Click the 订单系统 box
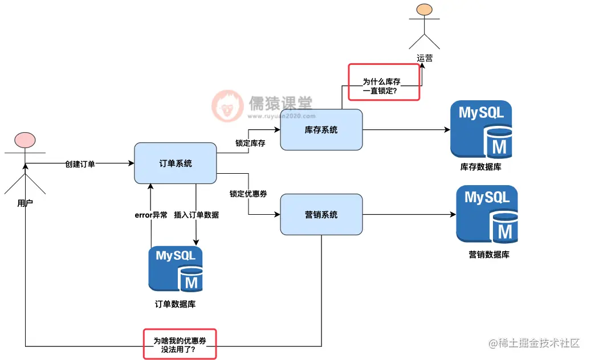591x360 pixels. click(x=176, y=163)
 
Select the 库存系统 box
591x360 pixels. click(x=321, y=130)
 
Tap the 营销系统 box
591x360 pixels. click(x=321, y=215)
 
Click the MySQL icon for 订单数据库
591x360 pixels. click(x=176, y=269)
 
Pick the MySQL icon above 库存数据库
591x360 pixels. click(x=481, y=129)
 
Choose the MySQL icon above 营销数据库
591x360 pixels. click(x=487, y=214)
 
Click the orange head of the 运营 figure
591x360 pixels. click(x=425, y=10)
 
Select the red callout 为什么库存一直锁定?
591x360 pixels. click(x=384, y=82)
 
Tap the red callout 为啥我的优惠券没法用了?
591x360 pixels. click(x=180, y=343)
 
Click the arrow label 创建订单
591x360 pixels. click(x=80, y=164)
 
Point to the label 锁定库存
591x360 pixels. click(x=250, y=143)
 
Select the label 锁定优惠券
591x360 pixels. click(x=248, y=194)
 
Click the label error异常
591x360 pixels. click(x=150, y=215)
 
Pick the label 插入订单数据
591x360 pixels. click(x=196, y=215)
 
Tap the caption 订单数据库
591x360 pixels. click(x=176, y=304)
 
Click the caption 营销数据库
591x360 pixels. click(x=488, y=255)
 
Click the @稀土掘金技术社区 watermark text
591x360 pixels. click(x=534, y=343)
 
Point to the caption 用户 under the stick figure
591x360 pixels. click(x=25, y=202)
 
